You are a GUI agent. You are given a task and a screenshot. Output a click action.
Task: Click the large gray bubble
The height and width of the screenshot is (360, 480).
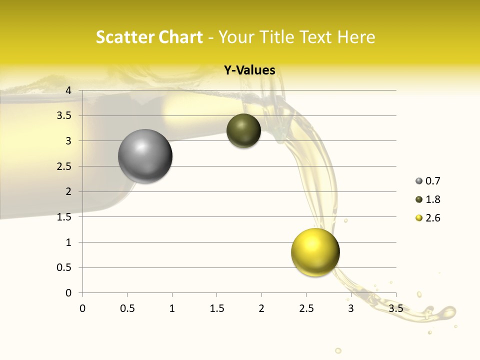tap(145, 156)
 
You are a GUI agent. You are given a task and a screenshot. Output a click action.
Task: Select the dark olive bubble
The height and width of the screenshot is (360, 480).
tap(243, 130)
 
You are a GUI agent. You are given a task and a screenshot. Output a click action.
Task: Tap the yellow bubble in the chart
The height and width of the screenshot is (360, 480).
tap(315, 252)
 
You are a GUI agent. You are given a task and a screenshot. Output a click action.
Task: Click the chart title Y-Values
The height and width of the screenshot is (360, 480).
tap(249, 70)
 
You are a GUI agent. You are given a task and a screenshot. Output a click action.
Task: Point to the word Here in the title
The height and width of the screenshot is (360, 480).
tap(356, 37)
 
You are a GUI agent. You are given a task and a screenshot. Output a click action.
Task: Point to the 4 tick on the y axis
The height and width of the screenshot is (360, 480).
tap(68, 90)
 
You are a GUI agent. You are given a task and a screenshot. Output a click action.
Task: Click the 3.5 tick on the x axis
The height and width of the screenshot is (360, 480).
tap(395, 308)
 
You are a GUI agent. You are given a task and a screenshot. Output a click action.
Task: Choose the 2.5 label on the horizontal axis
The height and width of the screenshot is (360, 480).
tap(306, 308)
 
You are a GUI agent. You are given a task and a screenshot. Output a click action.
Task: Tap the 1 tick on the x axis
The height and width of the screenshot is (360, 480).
tap(172, 308)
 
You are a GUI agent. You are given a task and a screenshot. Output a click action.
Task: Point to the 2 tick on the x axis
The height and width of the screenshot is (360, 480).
tap(261, 308)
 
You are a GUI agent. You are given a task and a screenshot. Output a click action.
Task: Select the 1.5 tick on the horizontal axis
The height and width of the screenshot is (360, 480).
tap(216, 308)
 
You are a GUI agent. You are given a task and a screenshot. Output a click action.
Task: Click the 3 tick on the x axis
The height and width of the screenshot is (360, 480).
tap(351, 308)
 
